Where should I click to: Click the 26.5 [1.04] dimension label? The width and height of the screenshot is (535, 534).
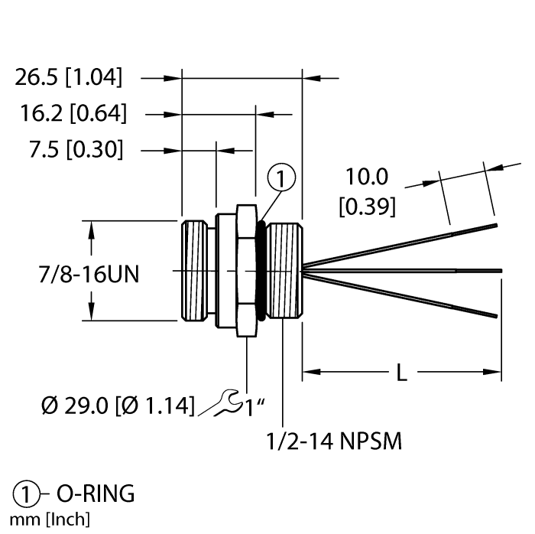[x=68, y=77]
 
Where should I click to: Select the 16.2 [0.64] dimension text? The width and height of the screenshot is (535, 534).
[x=73, y=114]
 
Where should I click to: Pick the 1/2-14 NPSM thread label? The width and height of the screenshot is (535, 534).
[x=333, y=441]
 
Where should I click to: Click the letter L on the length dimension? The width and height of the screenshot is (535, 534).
[x=401, y=373]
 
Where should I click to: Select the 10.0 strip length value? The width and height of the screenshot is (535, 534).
[x=367, y=177]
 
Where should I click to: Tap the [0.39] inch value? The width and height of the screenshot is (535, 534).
[x=367, y=206]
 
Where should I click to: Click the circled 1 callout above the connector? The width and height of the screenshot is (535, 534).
[x=281, y=180]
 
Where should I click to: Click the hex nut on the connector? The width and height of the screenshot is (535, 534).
[x=246, y=270]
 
